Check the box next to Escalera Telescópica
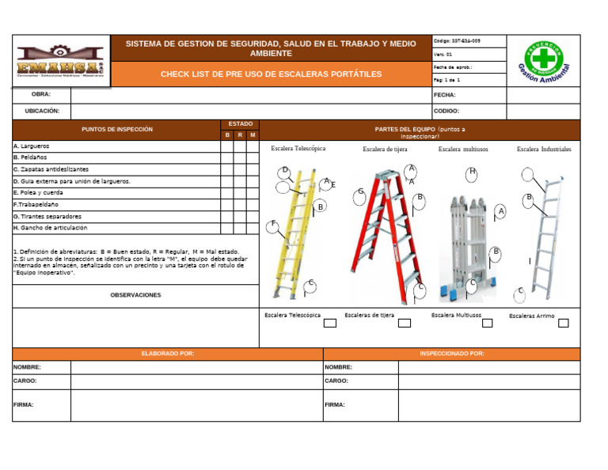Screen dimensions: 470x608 [330, 323]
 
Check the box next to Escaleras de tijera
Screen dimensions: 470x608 [405, 323]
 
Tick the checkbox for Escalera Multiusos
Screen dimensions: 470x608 [487, 323]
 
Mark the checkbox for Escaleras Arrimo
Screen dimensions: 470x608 [563, 323]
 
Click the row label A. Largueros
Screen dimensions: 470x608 [32, 146]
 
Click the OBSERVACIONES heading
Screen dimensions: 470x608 [135, 295]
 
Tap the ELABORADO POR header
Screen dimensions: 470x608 [167, 354]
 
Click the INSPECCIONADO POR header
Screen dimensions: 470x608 [452, 354]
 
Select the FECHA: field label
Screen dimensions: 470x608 [445, 95]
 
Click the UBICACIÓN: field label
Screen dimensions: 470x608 [42, 112]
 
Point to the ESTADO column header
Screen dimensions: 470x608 [241, 124]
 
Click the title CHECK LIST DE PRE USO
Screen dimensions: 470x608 [271, 74]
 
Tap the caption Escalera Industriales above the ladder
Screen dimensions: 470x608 [544, 149]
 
